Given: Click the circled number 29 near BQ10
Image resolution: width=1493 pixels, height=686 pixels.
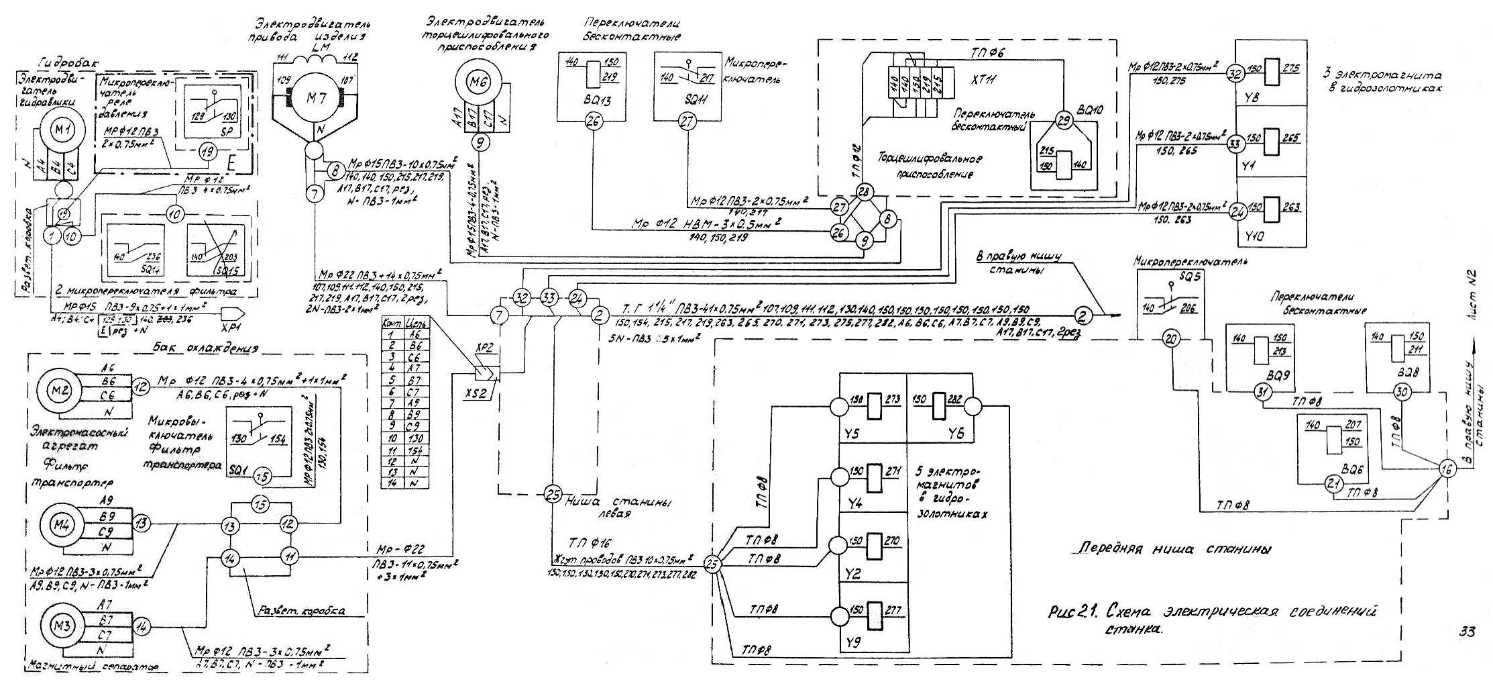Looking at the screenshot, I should point(1062,121).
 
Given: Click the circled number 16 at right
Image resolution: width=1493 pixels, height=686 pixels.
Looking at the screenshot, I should point(1447,470).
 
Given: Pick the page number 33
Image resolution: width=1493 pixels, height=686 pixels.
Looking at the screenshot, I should point(1467,632).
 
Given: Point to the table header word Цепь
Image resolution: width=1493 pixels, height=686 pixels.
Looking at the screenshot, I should point(414,323).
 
